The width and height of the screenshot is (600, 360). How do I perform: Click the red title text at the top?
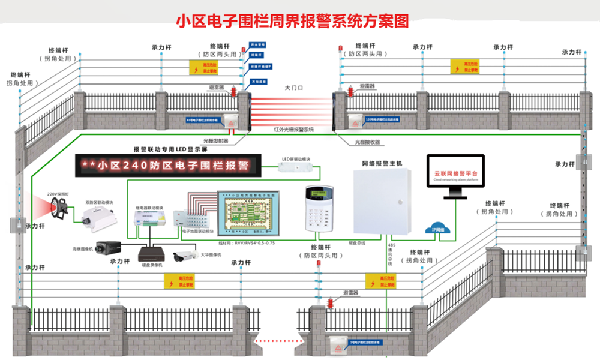pyautogui.click(x=292, y=22)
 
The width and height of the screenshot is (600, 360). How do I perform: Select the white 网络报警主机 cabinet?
pyautogui.click(x=382, y=202)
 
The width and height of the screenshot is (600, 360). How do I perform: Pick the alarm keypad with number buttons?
pyautogui.click(x=319, y=208)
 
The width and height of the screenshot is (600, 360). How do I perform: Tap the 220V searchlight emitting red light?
pyautogui.click(x=58, y=207)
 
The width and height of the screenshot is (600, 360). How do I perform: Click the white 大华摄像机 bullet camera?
pyautogui.click(x=185, y=256)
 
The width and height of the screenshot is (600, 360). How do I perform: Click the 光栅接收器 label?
pyautogui.click(x=367, y=142)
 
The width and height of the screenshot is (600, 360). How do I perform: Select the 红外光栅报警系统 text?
pyautogui.click(x=293, y=130)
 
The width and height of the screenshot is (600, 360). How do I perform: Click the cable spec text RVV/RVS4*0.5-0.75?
pyautogui.click(x=244, y=243)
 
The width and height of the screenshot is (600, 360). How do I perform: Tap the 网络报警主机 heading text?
pyautogui.click(x=382, y=163)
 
